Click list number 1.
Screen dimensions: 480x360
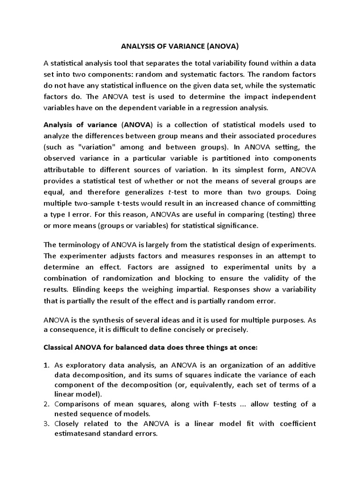46,366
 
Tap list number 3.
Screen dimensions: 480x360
46,424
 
